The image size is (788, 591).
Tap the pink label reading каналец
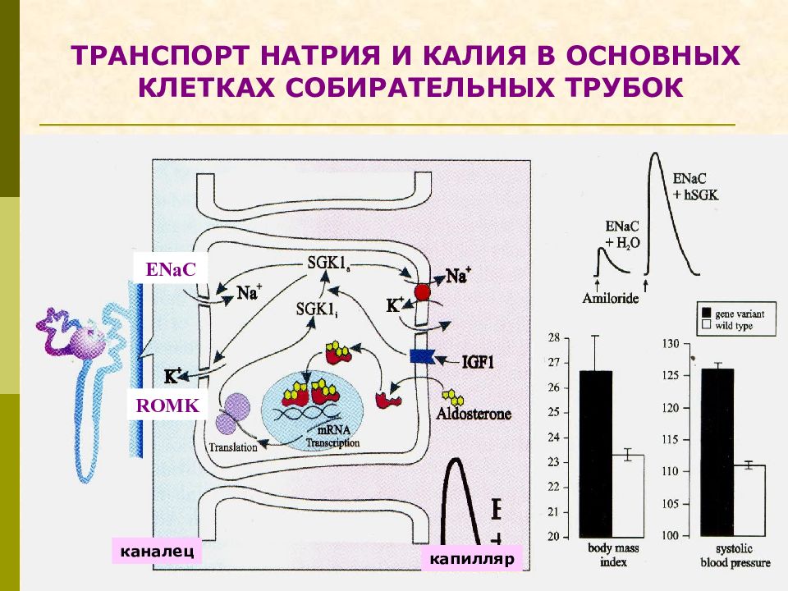coord(156,551)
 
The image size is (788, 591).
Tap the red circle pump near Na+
coord(422,292)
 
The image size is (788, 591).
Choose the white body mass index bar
coord(626,496)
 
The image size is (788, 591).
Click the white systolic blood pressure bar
coord(749,501)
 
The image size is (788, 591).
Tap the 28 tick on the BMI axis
coord(553,338)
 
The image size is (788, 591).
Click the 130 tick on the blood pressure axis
coord(671,343)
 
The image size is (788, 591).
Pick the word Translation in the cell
coord(233,448)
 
